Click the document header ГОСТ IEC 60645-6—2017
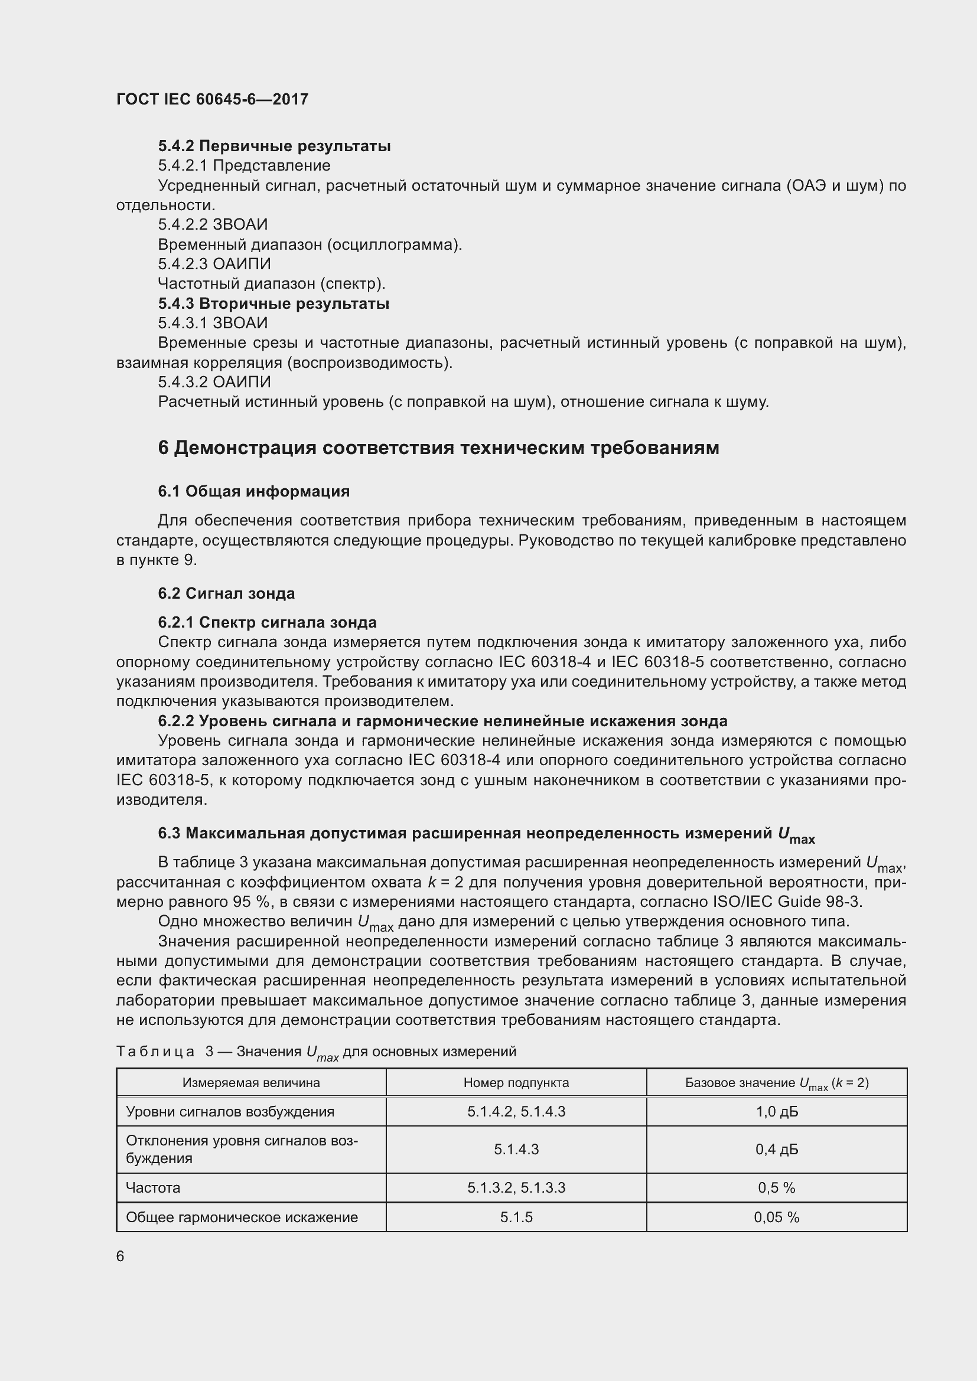(x=212, y=99)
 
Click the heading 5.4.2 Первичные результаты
(x=274, y=146)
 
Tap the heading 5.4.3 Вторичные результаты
(x=273, y=303)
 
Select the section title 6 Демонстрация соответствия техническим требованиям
(x=438, y=448)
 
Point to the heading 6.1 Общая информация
(x=254, y=491)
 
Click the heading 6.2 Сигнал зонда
(x=226, y=593)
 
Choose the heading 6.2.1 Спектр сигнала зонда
(x=267, y=622)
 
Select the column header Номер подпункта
(x=516, y=1083)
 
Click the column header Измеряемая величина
(x=251, y=1083)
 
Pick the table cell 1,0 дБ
(x=777, y=1112)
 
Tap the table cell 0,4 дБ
(x=777, y=1150)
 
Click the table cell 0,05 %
(x=777, y=1217)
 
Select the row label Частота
(x=153, y=1188)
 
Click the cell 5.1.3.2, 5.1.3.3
(x=516, y=1188)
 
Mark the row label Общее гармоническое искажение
(x=242, y=1217)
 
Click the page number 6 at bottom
(x=121, y=1256)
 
